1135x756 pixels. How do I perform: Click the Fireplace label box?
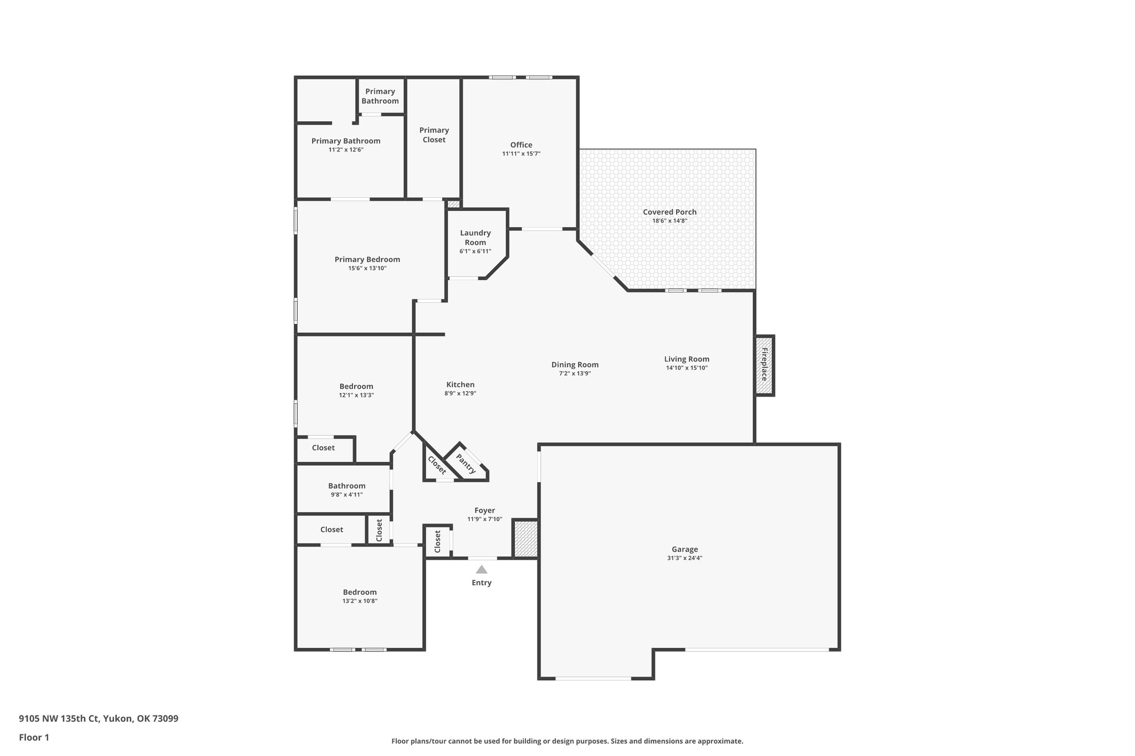pos(764,366)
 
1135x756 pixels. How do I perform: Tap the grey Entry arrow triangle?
pos(482,569)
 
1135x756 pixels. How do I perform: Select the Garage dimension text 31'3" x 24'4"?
pos(685,558)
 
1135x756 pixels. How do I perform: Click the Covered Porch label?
pos(669,212)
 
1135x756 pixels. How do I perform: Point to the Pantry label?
pos(466,464)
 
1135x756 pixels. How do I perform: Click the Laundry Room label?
pos(476,238)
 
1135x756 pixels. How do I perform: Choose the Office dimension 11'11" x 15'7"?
pos(521,154)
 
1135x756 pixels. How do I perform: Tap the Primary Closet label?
pos(434,135)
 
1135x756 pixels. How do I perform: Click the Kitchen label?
pos(461,385)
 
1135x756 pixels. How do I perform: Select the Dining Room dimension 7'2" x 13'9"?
pos(575,373)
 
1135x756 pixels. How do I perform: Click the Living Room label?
pos(687,359)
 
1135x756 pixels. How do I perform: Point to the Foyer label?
pos(484,511)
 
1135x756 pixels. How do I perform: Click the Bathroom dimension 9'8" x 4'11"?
pos(346,495)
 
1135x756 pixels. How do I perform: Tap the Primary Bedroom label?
pos(367,259)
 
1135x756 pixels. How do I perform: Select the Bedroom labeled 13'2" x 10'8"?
pos(360,592)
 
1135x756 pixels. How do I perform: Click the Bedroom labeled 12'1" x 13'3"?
pos(356,387)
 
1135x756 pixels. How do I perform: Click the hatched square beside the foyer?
pos(525,538)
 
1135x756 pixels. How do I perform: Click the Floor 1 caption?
pos(34,737)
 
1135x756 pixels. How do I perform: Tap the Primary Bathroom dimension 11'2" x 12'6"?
pos(346,150)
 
